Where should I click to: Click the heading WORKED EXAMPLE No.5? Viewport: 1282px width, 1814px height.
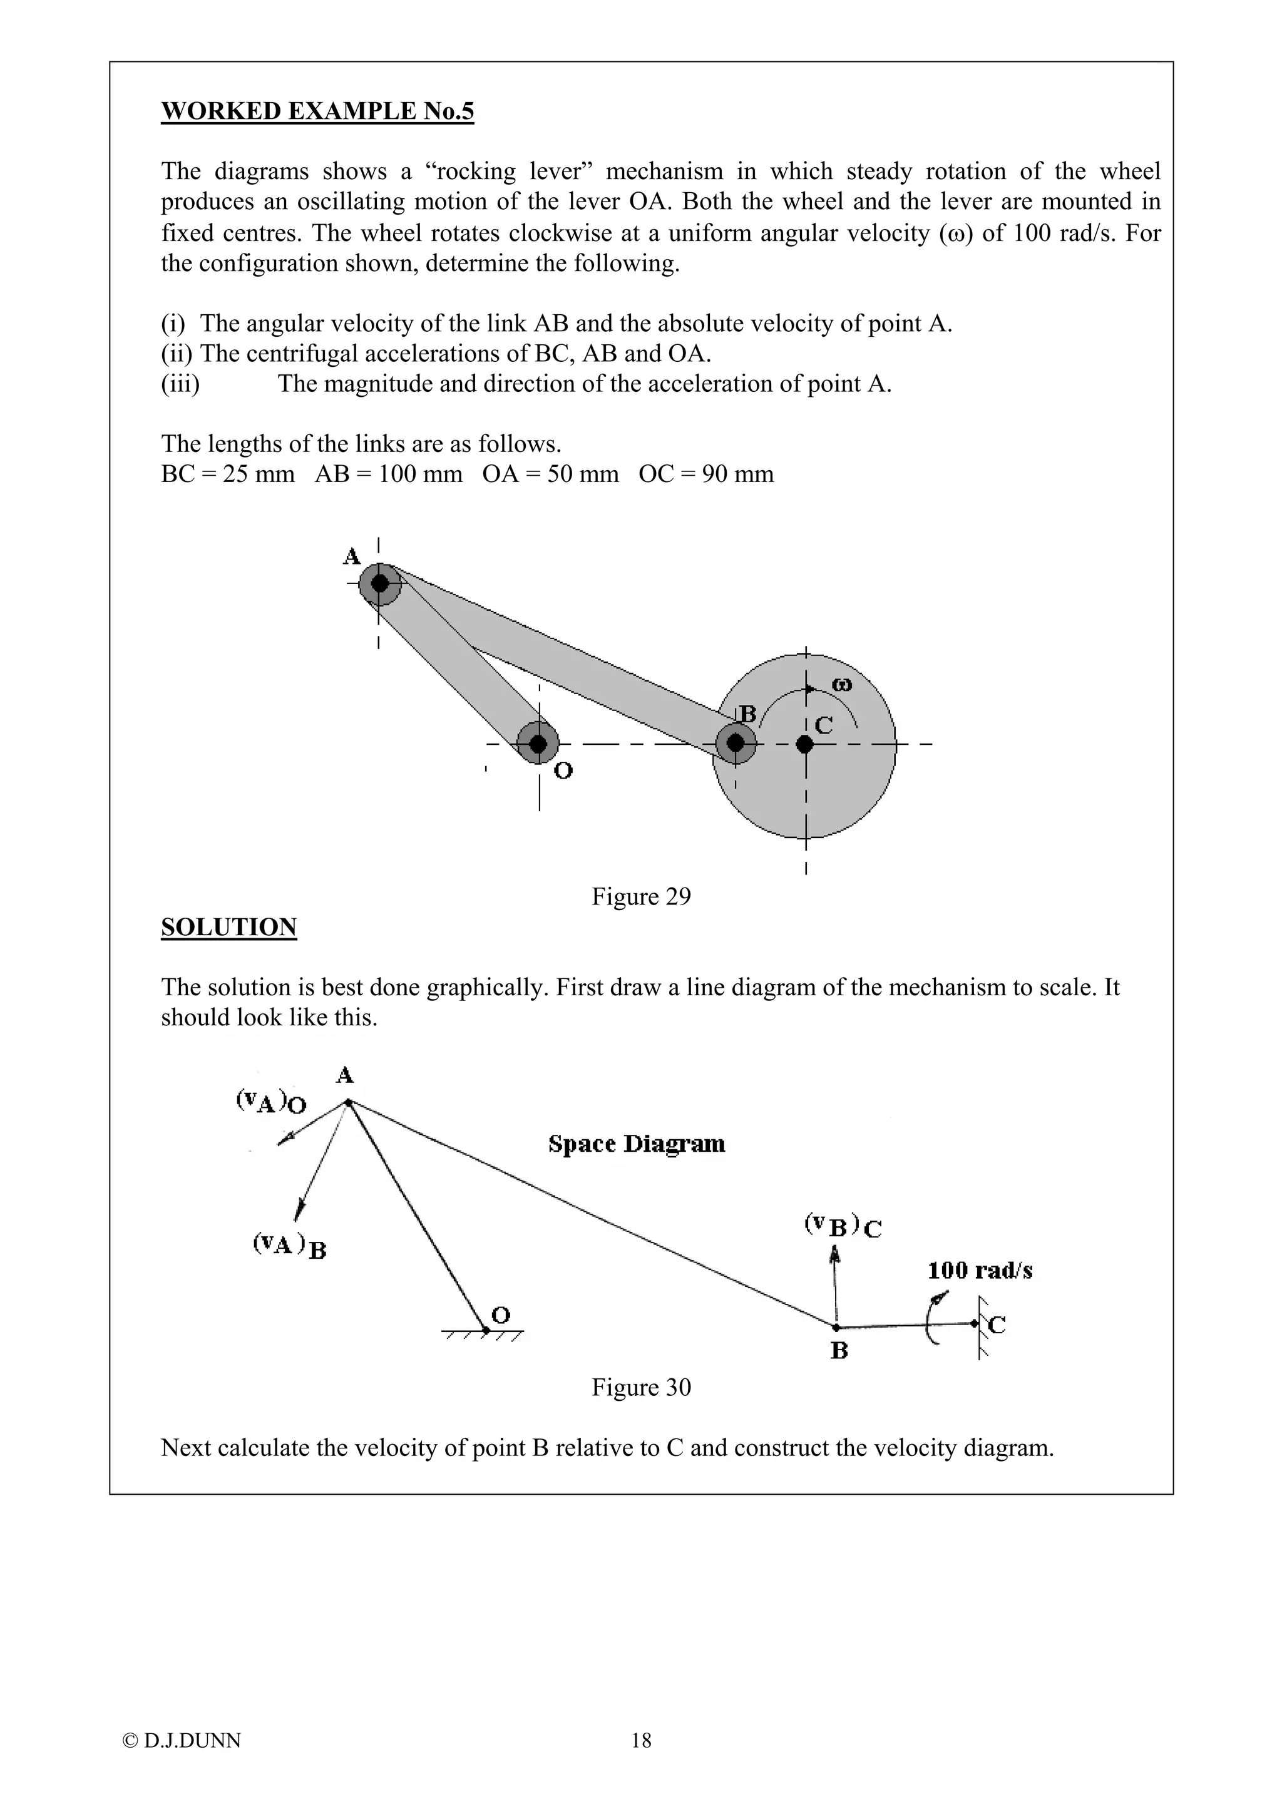click(x=317, y=111)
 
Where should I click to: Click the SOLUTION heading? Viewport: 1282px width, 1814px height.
click(x=228, y=927)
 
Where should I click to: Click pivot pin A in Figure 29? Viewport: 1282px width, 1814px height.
click(x=380, y=584)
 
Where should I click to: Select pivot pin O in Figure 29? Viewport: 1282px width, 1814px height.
click(x=538, y=744)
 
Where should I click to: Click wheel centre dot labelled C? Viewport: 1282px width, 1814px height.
click(x=804, y=744)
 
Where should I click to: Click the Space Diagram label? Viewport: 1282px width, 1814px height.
click(x=636, y=1144)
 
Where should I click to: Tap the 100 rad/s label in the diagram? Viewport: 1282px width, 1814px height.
click(x=980, y=1271)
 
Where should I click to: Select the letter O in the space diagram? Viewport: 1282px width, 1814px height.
click(x=501, y=1314)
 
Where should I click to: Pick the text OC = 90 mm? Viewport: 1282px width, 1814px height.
click(x=705, y=474)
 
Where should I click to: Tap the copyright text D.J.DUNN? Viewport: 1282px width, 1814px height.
click(x=182, y=1762)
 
